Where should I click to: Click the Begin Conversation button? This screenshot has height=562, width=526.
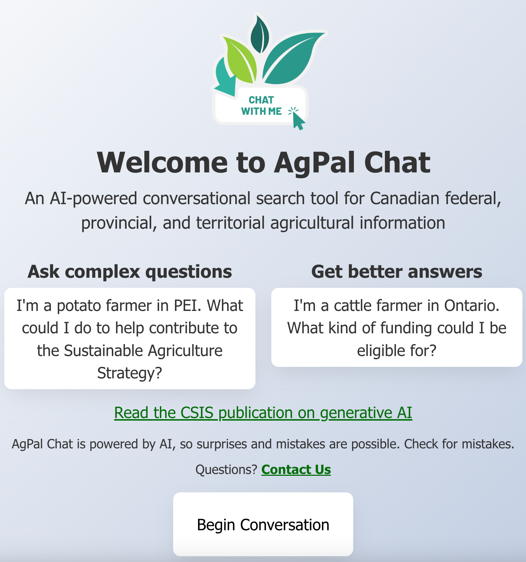coord(263,524)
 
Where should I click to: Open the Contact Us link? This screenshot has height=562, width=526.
coord(296,470)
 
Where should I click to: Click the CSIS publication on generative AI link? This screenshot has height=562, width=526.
coord(263,413)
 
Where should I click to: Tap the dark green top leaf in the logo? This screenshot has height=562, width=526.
coord(260,35)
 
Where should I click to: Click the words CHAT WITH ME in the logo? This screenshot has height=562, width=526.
coord(262,106)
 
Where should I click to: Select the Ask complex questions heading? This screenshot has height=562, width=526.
coord(130,272)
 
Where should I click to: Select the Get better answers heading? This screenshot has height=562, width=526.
coord(397,272)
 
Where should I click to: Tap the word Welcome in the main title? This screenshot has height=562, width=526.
coord(162,163)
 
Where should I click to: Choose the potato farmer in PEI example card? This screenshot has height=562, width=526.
coord(130,338)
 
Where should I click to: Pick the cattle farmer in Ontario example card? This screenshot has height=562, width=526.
coord(397,327)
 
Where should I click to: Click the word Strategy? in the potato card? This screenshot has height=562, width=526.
coord(130,373)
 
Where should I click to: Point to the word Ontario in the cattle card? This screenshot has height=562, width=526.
coord(472,306)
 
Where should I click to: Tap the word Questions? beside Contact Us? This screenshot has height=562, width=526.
coord(226,470)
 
